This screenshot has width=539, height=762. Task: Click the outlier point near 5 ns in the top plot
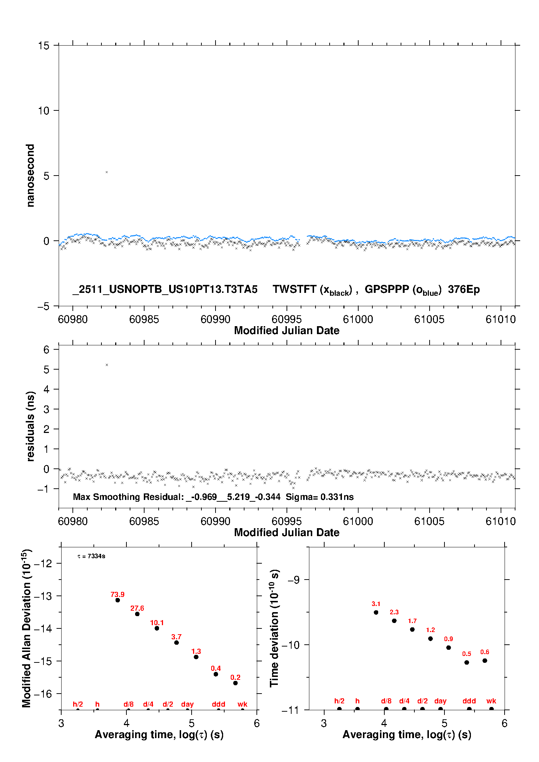pyautogui.click(x=106, y=172)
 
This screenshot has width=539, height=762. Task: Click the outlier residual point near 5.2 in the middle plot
pyautogui.click(x=106, y=365)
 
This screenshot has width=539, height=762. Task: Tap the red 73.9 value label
pyautogui.click(x=117, y=594)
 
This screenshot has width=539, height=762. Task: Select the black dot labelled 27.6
pyautogui.click(x=137, y=614)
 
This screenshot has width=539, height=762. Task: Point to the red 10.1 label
pyautogui.click(x=157, y=623)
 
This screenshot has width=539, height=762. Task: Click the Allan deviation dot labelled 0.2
pyautogui.click(x=235, y=683)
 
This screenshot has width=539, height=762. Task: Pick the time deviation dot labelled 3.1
pyautogui.click(x=376, y=612)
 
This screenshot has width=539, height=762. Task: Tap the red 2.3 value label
pyautogui.click(x=394, y=612)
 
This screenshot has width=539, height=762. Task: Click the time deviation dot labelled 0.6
pyautogui.click(x=485, y=661)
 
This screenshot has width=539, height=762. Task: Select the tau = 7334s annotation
pyautogui.click(x=91, y=556)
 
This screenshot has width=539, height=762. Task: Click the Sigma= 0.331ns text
pyautogui.click(x=319, y=497)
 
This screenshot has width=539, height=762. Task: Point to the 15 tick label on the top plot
pyautogui.click(x=43, y=46)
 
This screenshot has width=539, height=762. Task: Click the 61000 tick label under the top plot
pyautogui.click(x=358, y=319)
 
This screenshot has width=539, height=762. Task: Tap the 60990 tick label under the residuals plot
pyautogui.click(x=216, y=521)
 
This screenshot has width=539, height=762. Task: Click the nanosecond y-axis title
pyautogui.click(x=30, y=176)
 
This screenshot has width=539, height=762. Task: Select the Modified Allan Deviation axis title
pyautogui.click(x=27, y=628)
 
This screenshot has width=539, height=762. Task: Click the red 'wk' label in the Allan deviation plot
pyautogui.click(x=242, y=704)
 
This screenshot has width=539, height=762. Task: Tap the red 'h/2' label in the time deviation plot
pyautogui.click(x=339, y=701)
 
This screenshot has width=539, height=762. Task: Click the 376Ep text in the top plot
pyautogui.click(x=464, y=290)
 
